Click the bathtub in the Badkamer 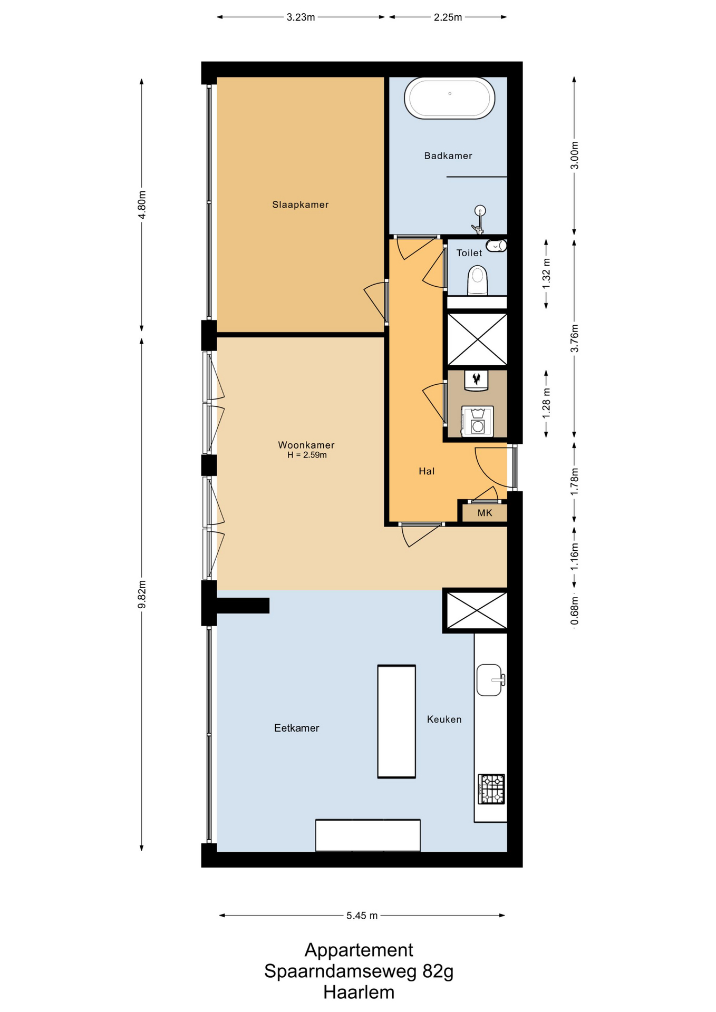pos(449,98)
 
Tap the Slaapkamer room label pos(300,205)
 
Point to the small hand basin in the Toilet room pos(496,245)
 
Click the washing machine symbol pos(477,421)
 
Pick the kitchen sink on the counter pos(490,680)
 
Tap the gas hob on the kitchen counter pos(491,789)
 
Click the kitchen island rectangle pos(396,722)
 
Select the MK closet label pos(485,513)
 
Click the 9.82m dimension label pos(142,595)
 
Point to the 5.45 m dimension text pos(362,916)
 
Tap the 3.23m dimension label pos(301,17)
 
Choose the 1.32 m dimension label pos(546,273)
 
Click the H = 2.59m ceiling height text pos(307,455)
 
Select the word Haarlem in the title pos(359,992)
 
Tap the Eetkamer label pos(296,728)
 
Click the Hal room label pos(427,471)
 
